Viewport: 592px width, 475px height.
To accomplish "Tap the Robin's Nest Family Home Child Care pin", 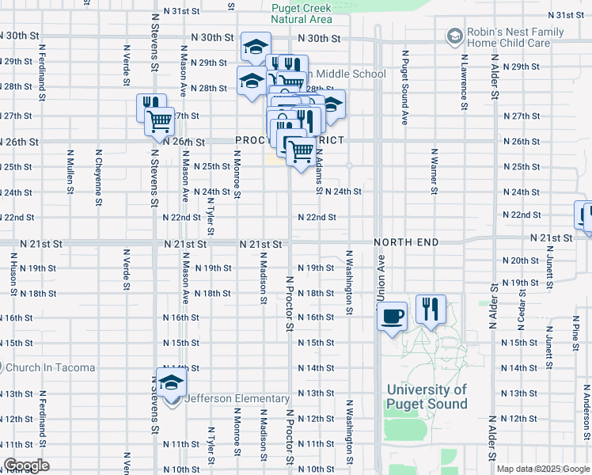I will pos(454,36).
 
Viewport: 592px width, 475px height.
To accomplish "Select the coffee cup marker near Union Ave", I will pos(393,317).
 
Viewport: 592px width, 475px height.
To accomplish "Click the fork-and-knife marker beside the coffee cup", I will pos(431,310).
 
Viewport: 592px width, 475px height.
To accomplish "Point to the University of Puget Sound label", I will pos(427,397).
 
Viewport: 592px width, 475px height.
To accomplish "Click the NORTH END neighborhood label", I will pos(406,241).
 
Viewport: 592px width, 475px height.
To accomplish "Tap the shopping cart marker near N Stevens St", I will pos(159,121).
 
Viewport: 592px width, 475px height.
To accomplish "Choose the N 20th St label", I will pos(520,260).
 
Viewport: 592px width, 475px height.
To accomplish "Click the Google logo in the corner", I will pos(25,465).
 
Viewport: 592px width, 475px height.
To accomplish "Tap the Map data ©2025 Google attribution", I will pos(543,469).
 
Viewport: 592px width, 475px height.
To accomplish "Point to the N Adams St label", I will pos(319,172).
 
